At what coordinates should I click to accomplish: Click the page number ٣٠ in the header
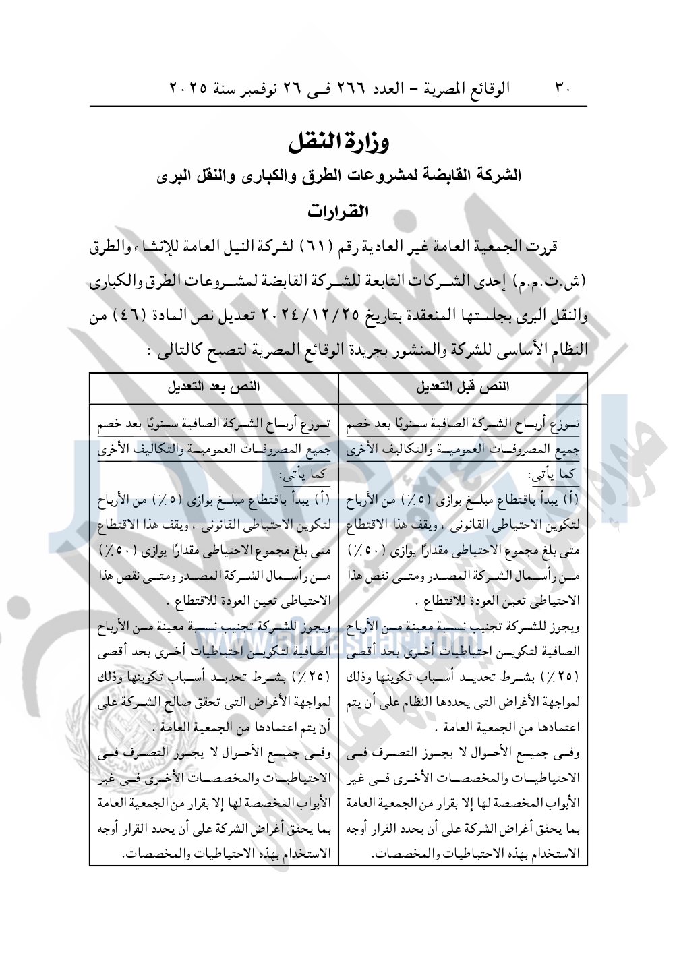563,88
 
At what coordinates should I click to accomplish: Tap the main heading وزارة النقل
338,142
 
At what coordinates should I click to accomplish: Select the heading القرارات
338,211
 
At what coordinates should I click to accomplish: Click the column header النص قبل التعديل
463,387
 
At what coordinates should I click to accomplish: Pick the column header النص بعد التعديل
214,387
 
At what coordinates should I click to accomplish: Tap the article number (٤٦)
131,316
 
